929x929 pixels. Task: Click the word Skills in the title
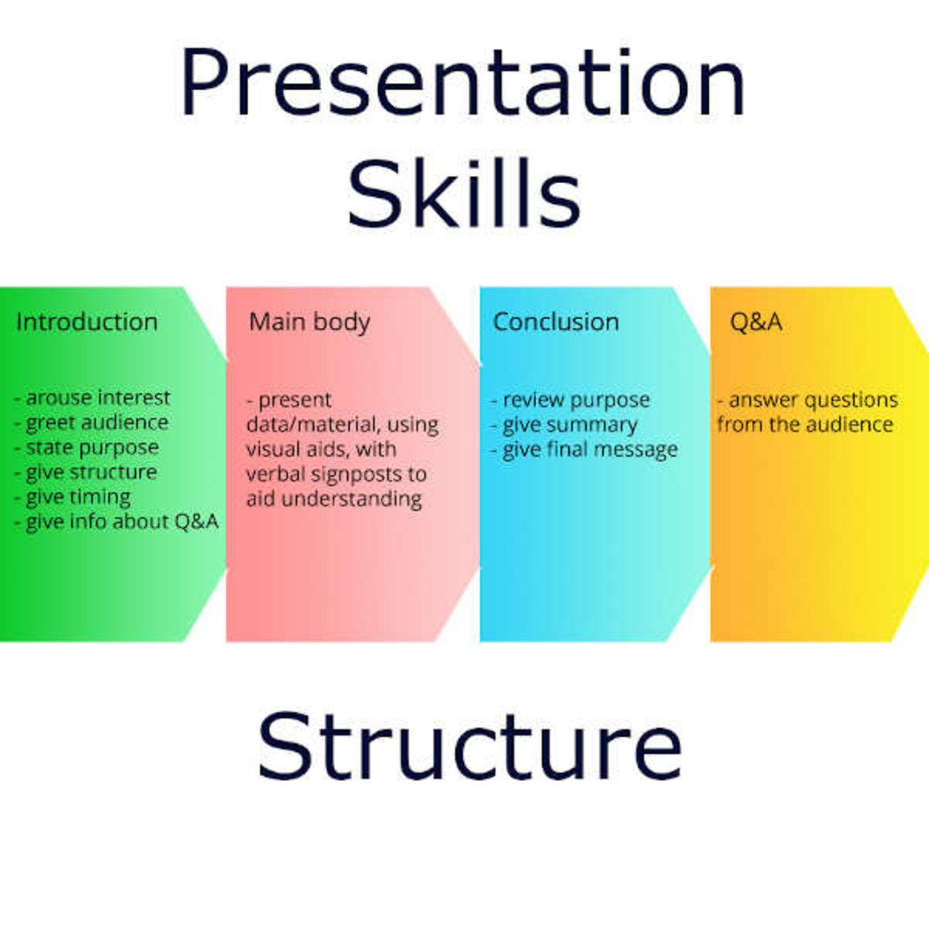464,192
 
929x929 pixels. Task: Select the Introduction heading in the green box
87,322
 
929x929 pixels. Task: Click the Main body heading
309,322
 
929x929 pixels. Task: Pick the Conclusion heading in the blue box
556,322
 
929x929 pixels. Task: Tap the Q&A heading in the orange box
755,322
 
